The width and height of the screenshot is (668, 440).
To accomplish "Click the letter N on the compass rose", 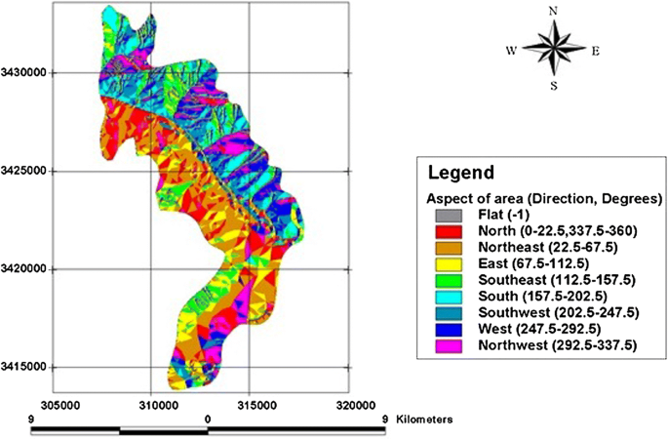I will [x=553, y=12].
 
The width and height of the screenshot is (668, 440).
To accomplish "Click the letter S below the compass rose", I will [x=553, y=85].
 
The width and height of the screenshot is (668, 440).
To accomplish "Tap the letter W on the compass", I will [x=511, y=49].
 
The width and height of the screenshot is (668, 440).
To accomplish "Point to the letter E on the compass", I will [x=595, y=49].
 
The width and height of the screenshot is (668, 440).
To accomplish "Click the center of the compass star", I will [x=553, y=49].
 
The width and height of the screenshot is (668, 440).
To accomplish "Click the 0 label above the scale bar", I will [x=208, y=418].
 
